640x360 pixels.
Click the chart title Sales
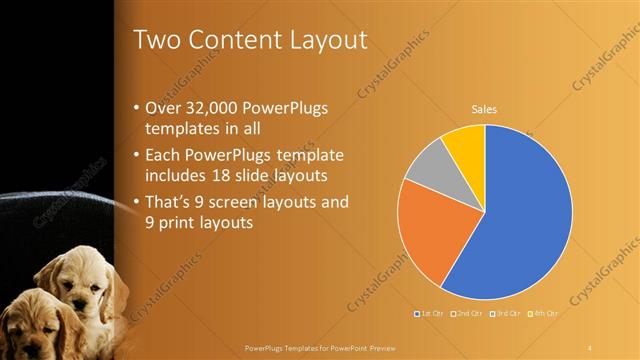pyautogui.click(x=485, y=110)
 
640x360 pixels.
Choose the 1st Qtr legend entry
pyautogui.click(x=431, y=314)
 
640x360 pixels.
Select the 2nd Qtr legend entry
pyautogui.click(x=469, y=314)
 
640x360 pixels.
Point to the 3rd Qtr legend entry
pyautogui.click(x=507, y=314)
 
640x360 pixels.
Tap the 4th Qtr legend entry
pyautogui.click(x=545, y=314)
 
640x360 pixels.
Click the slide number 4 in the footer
pyautogui.click(x=590, y=347)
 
